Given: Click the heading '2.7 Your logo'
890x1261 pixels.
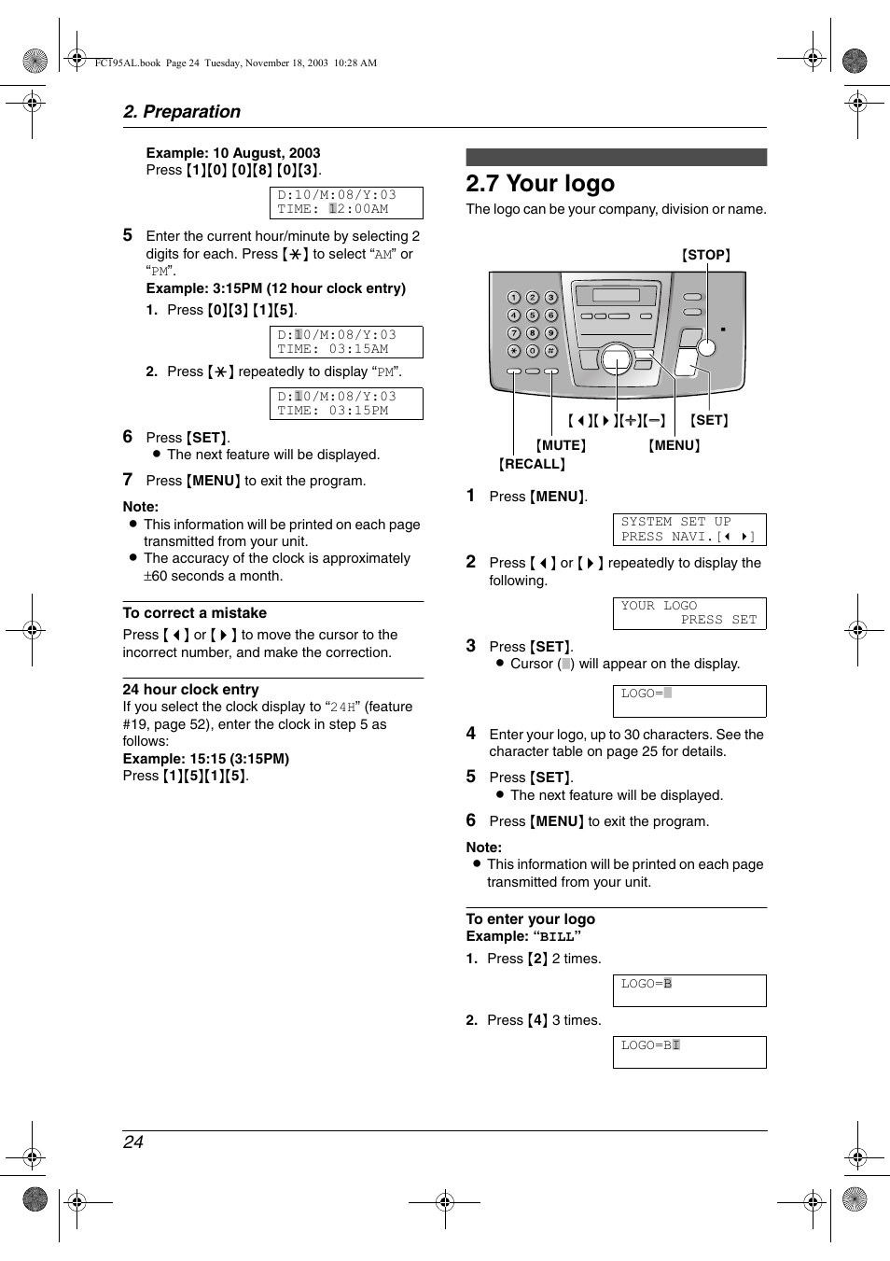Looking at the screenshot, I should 540,184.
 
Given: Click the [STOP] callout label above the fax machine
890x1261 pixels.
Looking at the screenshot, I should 705,255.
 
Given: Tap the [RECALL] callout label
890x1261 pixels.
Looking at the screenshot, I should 532,464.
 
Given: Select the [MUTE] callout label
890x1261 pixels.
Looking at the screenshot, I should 561,445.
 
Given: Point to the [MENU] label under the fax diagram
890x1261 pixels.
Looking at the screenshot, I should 674,445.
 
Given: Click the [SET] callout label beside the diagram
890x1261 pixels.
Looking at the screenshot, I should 709,420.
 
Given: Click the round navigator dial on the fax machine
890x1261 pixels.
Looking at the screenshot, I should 616,357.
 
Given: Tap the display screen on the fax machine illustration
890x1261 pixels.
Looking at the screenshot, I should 616,295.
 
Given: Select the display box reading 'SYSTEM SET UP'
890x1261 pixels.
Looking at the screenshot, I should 688,529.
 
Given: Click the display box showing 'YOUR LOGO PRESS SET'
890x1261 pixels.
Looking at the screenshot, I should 688,613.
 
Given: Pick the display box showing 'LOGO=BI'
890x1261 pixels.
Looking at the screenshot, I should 688,1052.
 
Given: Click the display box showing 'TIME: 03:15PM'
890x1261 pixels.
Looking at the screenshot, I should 346,403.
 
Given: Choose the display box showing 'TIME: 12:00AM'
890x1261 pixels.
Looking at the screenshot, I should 346,203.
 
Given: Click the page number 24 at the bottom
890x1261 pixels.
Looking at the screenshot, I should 133,1142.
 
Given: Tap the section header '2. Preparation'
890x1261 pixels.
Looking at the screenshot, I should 182,112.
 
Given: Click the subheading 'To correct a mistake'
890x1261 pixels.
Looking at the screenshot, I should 194,613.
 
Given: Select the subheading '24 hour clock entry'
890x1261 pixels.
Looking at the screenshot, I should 190,690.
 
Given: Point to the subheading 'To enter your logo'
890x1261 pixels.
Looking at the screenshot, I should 530,919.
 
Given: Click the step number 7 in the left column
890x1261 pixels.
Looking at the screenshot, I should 128,480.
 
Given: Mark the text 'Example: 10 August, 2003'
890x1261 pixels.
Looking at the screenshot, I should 232,153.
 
